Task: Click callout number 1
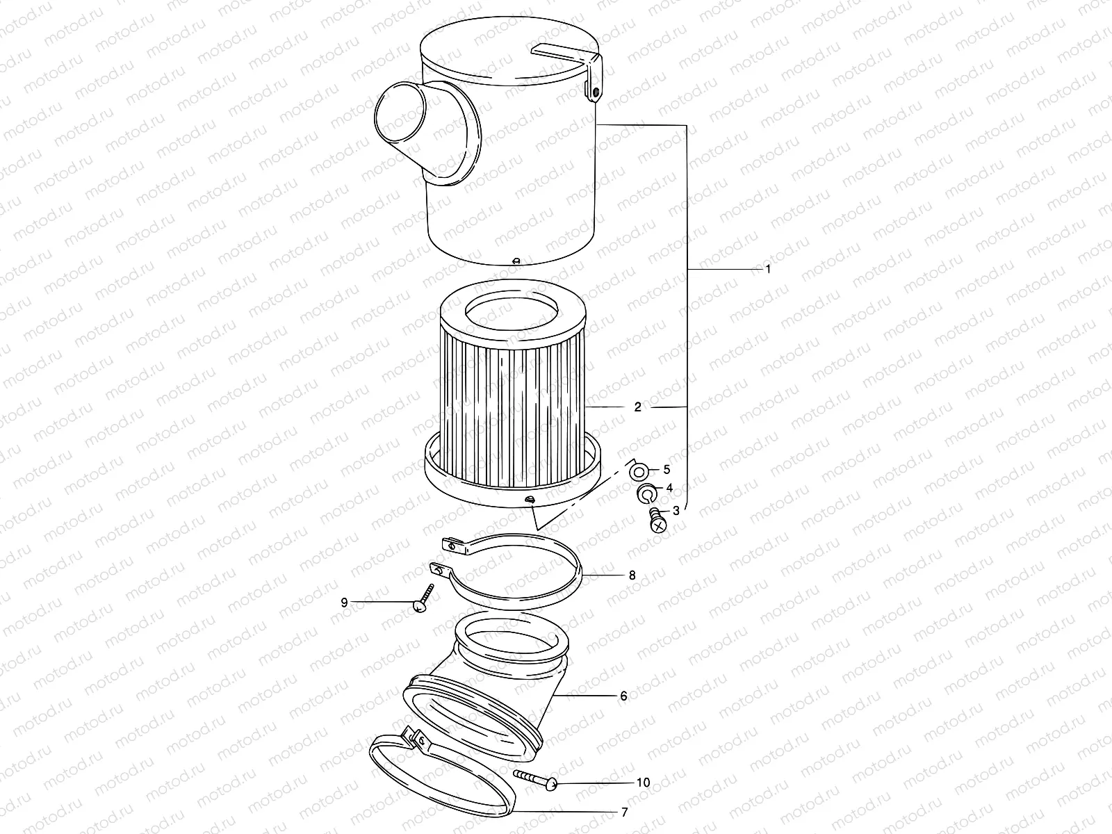point(767,269)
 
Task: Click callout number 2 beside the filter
point(637,407)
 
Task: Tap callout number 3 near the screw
point(676,511)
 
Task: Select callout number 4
point(669,489)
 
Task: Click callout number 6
point(623,696)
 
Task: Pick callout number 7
point(625,812)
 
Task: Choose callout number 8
point(632,575)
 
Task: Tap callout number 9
point(344,603)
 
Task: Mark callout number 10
point(643,783)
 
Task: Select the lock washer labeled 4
point(646,493)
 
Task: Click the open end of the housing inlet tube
point(400,116)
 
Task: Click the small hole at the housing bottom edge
point(515,261)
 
